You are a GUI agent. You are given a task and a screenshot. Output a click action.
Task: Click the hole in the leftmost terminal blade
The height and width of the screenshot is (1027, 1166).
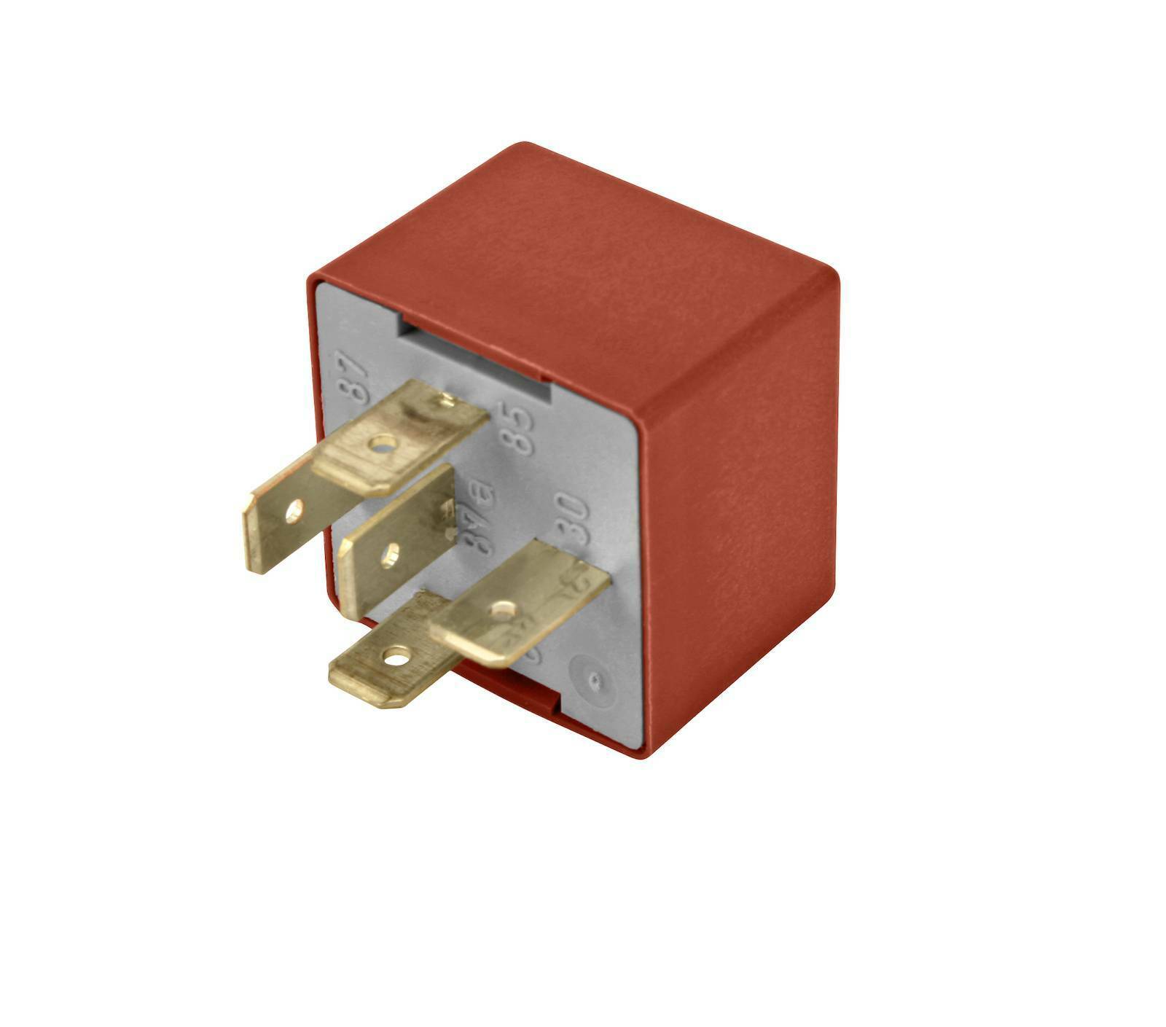(294, 512)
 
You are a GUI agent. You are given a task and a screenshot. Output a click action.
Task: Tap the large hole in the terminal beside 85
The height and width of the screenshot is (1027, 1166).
(383, 442)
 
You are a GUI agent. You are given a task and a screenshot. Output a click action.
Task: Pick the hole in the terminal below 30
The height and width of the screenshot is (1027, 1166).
(503, 609)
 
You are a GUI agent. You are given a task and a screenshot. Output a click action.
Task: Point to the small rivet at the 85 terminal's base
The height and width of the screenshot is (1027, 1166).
(447, 399)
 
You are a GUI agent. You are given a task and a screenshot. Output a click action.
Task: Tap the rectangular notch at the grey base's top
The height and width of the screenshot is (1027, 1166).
(474, 357)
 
